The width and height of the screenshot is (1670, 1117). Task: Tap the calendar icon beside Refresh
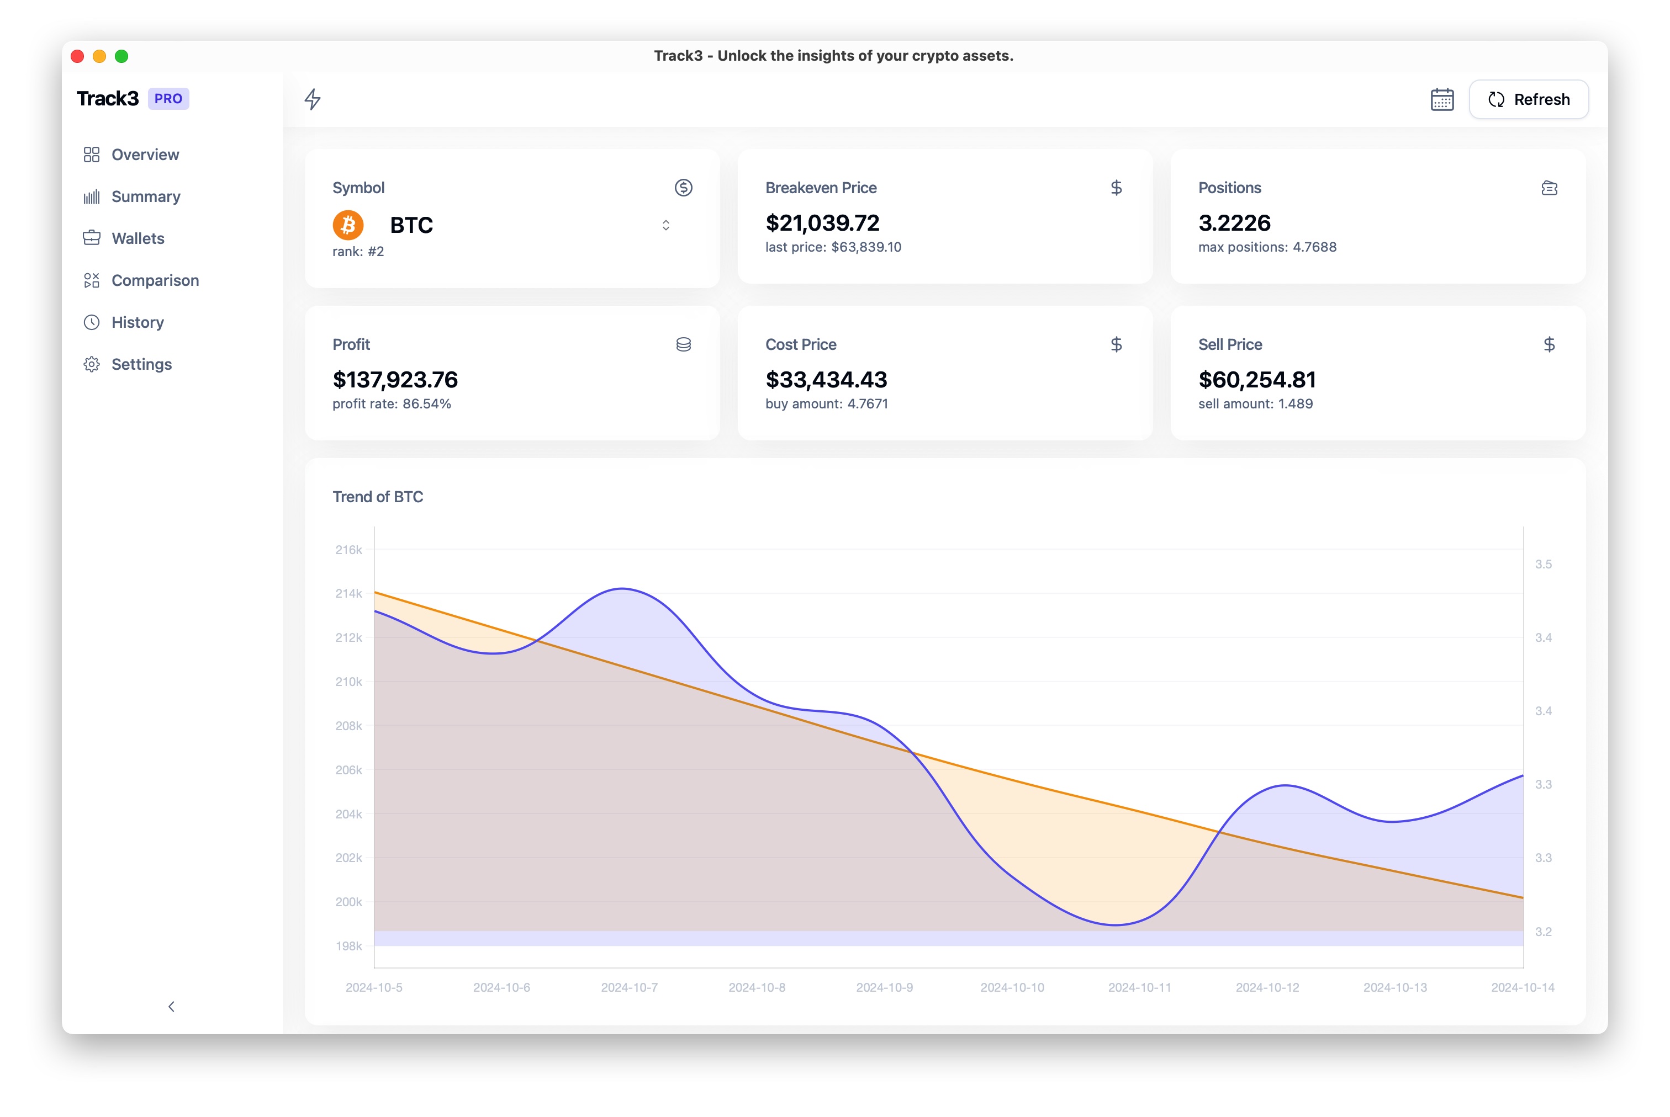pyautogui.click(x=1441, y=100)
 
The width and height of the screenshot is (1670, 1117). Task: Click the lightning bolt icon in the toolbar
pyautogui.click(x=312, y=99)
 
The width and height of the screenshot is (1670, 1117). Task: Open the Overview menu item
pyautogui.click(x=145, y=155)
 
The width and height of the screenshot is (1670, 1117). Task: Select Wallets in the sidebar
pyautogui.click(x=138, y=238)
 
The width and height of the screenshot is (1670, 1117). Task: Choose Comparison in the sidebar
pyautogui.click(x=155, y=281)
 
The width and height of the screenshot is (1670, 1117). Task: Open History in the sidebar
pyautogui.click(x=137, y=323)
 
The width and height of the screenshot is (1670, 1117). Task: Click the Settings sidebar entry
pyautogui.click(x=141, y=365)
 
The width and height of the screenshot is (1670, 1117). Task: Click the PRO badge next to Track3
pyautogui.click(x=168, y=99)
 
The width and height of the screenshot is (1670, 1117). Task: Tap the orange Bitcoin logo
pyautogui.click(x=348, y=225)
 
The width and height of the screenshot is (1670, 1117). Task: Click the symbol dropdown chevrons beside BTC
pyautogui.click(x=665, y=225)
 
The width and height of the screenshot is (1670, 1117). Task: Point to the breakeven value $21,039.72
pyautogui.click(x=822, y=223)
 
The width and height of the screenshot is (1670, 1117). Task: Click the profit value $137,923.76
pyautogui.click(x=395, y=380)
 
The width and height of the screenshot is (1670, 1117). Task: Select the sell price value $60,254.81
pyautogui.click(x=1256, y=380)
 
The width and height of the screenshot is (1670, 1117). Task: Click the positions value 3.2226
pyautogui.click(x=1234, y=223)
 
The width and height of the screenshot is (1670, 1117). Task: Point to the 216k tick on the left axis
pyautogui.click(x=348, y=550)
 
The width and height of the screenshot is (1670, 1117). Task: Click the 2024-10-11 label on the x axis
pyautogui.click(x=1139, y=987)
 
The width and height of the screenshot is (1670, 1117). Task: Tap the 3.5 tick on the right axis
pyautogui.click(x=1542, y=564)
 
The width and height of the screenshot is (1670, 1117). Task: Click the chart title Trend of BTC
pyautogui.click(x=378, y=497)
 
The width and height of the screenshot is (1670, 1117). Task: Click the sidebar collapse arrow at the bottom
pyautogui.click(x=171, y=1007)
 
